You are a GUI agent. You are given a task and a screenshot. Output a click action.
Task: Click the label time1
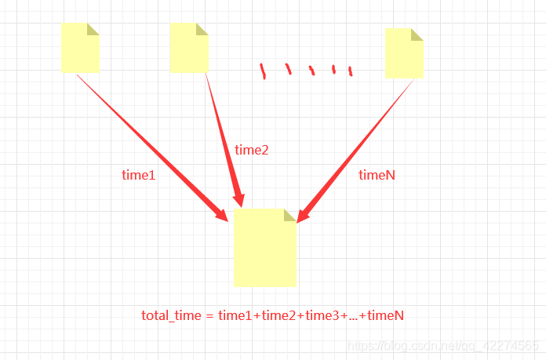click(x=139, y=175)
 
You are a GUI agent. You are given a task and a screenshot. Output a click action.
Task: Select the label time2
click(x=252, y=150)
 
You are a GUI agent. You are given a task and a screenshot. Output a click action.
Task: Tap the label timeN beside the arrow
click(x=377, y=175)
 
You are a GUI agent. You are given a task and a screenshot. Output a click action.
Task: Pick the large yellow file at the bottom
click(x=264, y=249)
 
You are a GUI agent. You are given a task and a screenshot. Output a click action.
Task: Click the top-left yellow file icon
click(x=80, y=48)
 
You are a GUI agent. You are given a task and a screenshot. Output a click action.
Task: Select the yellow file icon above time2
click(x=189, y=48)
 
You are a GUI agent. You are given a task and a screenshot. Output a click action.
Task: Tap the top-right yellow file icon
click(x=404, y=53)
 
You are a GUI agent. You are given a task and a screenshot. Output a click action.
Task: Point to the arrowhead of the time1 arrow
click(x=225, y=213)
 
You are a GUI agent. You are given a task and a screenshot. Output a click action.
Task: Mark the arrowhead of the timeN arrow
click(x=303, y=214)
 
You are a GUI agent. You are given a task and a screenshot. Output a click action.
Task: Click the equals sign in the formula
click(x=209, y=315)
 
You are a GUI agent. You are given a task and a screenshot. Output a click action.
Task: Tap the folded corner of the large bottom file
click(x=289, y=215)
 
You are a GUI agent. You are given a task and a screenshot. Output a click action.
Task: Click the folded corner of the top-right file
click(x=417, y=34)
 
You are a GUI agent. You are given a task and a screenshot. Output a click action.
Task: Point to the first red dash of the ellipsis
click(x=263, y=71)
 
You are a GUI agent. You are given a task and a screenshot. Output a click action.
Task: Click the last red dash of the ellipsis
click(x=350, y=71)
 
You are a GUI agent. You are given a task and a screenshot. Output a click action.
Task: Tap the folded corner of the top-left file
click(x=93, y=29)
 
